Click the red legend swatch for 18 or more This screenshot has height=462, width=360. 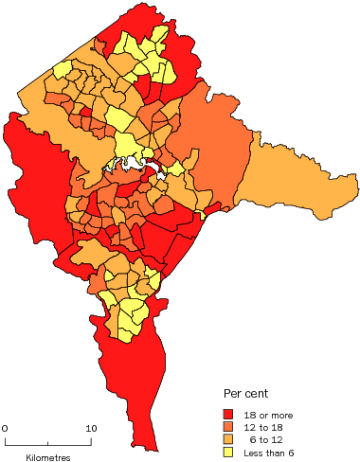[x=228, y=414]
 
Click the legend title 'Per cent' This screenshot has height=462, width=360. [x=244, y=393]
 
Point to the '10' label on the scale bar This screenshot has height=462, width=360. [x=91, y=429]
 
